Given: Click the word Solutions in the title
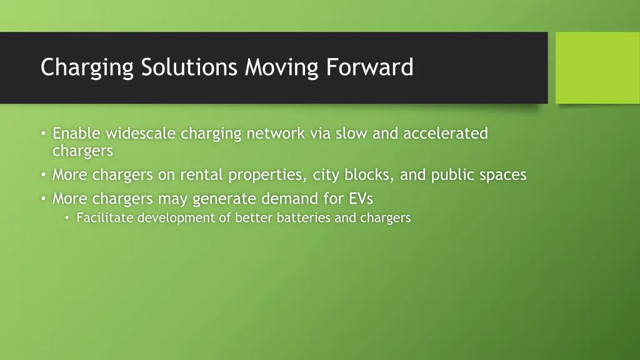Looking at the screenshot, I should point(189,67).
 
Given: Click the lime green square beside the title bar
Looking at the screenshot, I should point(597,67).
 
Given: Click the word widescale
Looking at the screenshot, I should point(141,133).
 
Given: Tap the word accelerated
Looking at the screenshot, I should point(446,133).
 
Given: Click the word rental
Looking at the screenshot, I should point(201,175).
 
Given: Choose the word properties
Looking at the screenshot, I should point(267,176).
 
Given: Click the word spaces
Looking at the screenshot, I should point(503,176).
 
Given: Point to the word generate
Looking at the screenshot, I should point(224,199).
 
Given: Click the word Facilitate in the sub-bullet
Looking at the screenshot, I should point(105,218).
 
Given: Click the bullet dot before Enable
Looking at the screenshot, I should point(42,134).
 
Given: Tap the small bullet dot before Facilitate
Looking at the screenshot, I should point(67,218).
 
